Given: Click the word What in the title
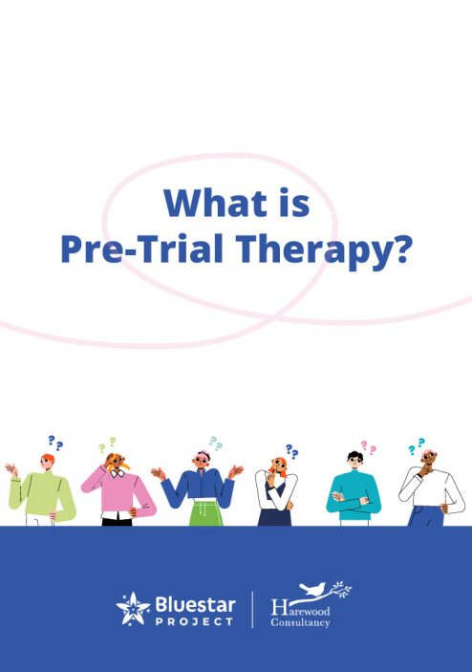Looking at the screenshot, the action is [215, 204].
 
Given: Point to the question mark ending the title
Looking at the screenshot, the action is [397, 249].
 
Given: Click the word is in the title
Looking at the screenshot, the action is [295, 204].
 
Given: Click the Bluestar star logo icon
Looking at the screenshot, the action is [133, 609].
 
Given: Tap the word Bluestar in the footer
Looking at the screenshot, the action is [195, 605].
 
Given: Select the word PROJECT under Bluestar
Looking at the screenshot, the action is [195, 621].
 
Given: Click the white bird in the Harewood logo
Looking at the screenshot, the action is [313, 589].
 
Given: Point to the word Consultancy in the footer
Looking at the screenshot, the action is [300, 622].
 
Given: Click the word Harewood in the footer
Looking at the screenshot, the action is [300, 608].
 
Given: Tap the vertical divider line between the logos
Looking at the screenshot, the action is [252, 610].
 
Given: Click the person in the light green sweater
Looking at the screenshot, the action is [40, 490].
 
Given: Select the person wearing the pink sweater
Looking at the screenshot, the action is [118, 489].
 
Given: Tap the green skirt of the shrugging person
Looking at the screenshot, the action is [206, 512].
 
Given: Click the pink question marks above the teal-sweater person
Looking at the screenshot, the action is [369, 448].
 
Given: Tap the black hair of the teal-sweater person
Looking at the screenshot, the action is [354, 456].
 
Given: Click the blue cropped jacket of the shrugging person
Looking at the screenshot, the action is [199, 488].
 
